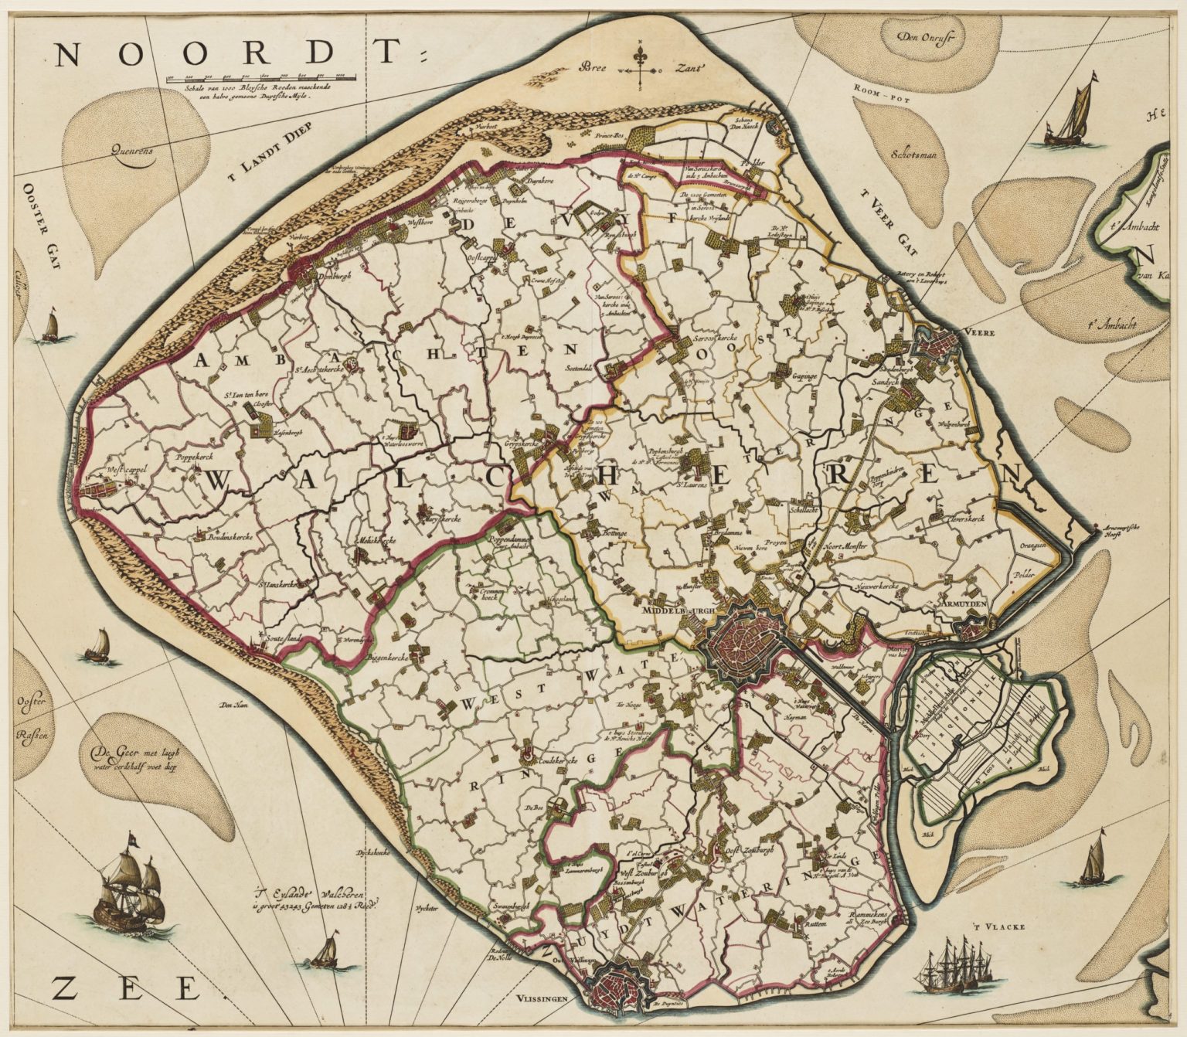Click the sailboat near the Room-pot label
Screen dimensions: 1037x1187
tap(1069, 114)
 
